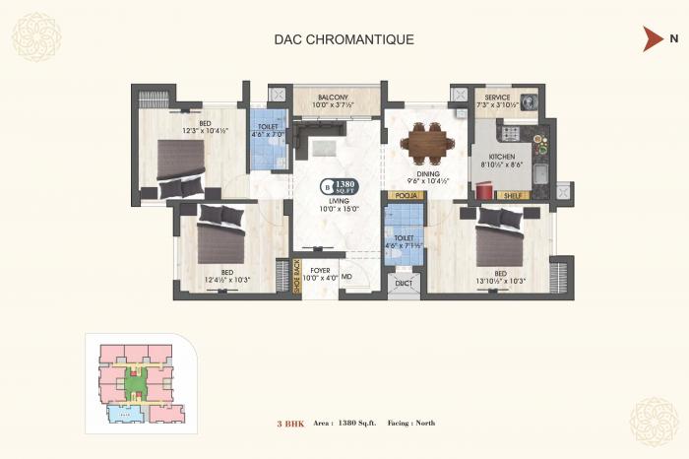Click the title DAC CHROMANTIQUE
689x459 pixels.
tap(344, 40)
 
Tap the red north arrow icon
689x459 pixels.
tap(651, 39)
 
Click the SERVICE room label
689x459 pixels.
tap(496, 98)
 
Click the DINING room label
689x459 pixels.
tap(427, 175)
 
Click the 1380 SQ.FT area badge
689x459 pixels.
tap(339, 185)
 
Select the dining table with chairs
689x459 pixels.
tap(428, 142)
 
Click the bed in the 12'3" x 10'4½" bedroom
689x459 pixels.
tap(180, 165)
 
